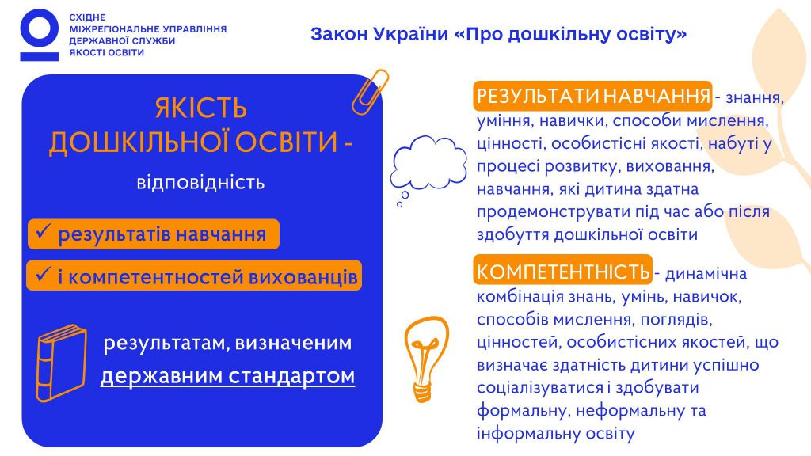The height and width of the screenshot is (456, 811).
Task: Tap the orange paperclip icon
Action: click(x=370, y=92)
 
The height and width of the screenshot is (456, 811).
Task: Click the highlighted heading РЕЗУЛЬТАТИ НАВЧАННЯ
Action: click(x=593, y=97)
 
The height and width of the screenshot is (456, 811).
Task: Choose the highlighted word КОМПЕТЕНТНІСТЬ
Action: click(x=563, y=272)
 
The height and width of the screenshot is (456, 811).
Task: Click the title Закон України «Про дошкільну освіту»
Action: click(x=499, y=35)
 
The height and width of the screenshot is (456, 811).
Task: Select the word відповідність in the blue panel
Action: click(x=200, y=184)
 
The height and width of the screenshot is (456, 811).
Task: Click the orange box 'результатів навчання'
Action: click(x=154, y=234)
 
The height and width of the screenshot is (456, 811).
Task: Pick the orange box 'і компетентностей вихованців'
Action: click(x=194, y=276)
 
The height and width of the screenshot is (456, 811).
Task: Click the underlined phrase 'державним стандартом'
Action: click(x=227, y=376)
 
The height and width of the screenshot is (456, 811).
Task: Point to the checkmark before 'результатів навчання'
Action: click(x=42, y=234)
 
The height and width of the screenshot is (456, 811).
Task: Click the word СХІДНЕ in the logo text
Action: click(x=88, y=17)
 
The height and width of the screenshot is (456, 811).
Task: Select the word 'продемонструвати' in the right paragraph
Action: click(x=543, y=213)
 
